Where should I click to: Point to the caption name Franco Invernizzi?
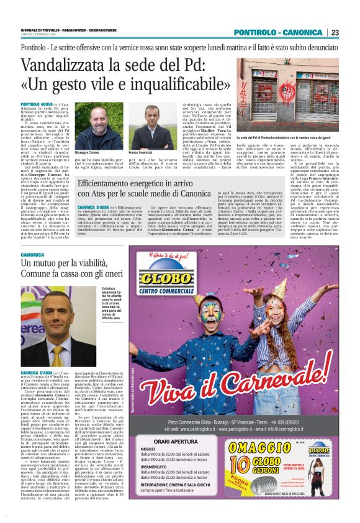click(142, 152)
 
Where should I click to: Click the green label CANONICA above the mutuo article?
click(33, 255)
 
